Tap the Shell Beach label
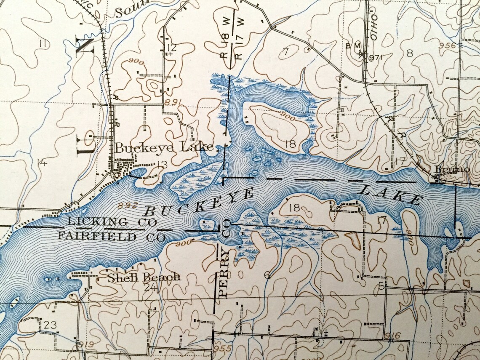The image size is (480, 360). [x=144, y=277]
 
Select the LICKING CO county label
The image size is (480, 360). [x=112, y=221]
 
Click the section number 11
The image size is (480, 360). [x=41, y=43]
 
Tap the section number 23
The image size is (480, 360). [x=50, y=325]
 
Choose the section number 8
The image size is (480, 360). [x=409, y=53]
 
